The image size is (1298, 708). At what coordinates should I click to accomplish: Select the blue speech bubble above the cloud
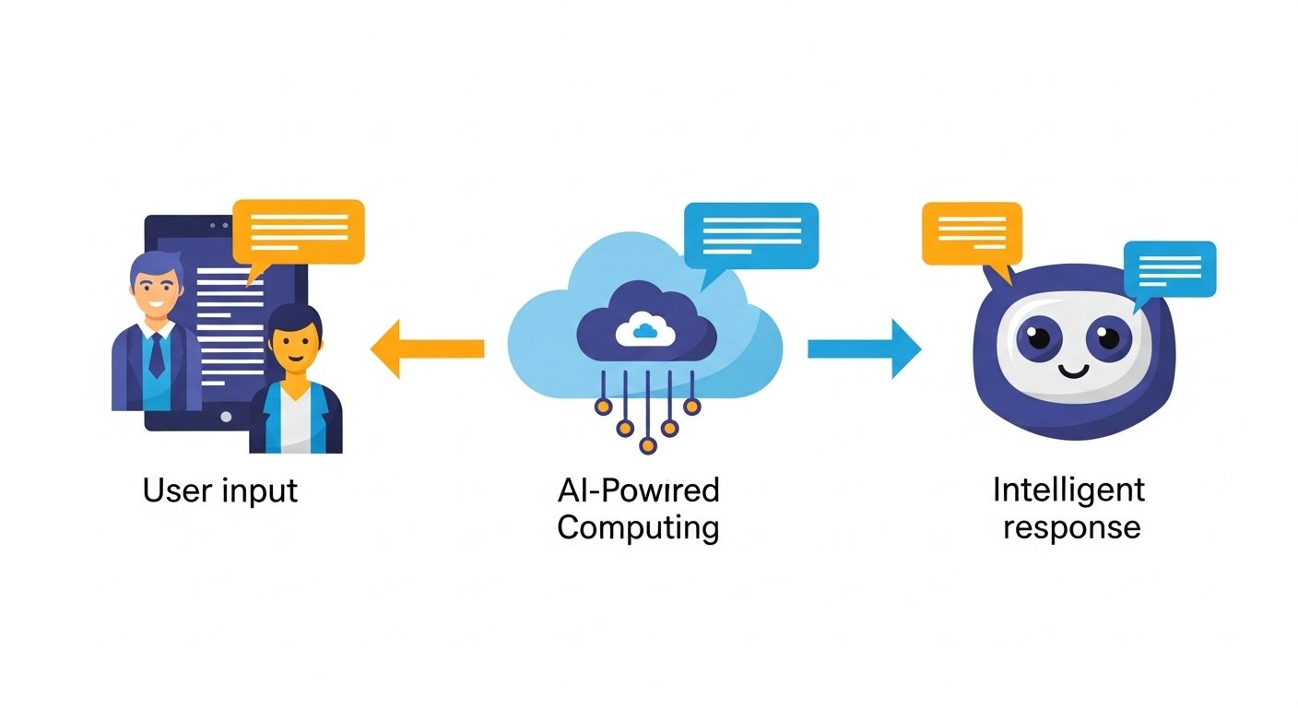click(750, 234)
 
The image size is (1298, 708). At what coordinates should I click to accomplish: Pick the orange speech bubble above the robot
click(972, 232)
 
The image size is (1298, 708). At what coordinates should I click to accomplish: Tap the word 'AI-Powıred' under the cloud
click(638, 490)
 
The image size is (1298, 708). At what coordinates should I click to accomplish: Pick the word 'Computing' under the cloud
click(638, 528)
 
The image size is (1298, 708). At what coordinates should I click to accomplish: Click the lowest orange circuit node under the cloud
click(647, 446)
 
